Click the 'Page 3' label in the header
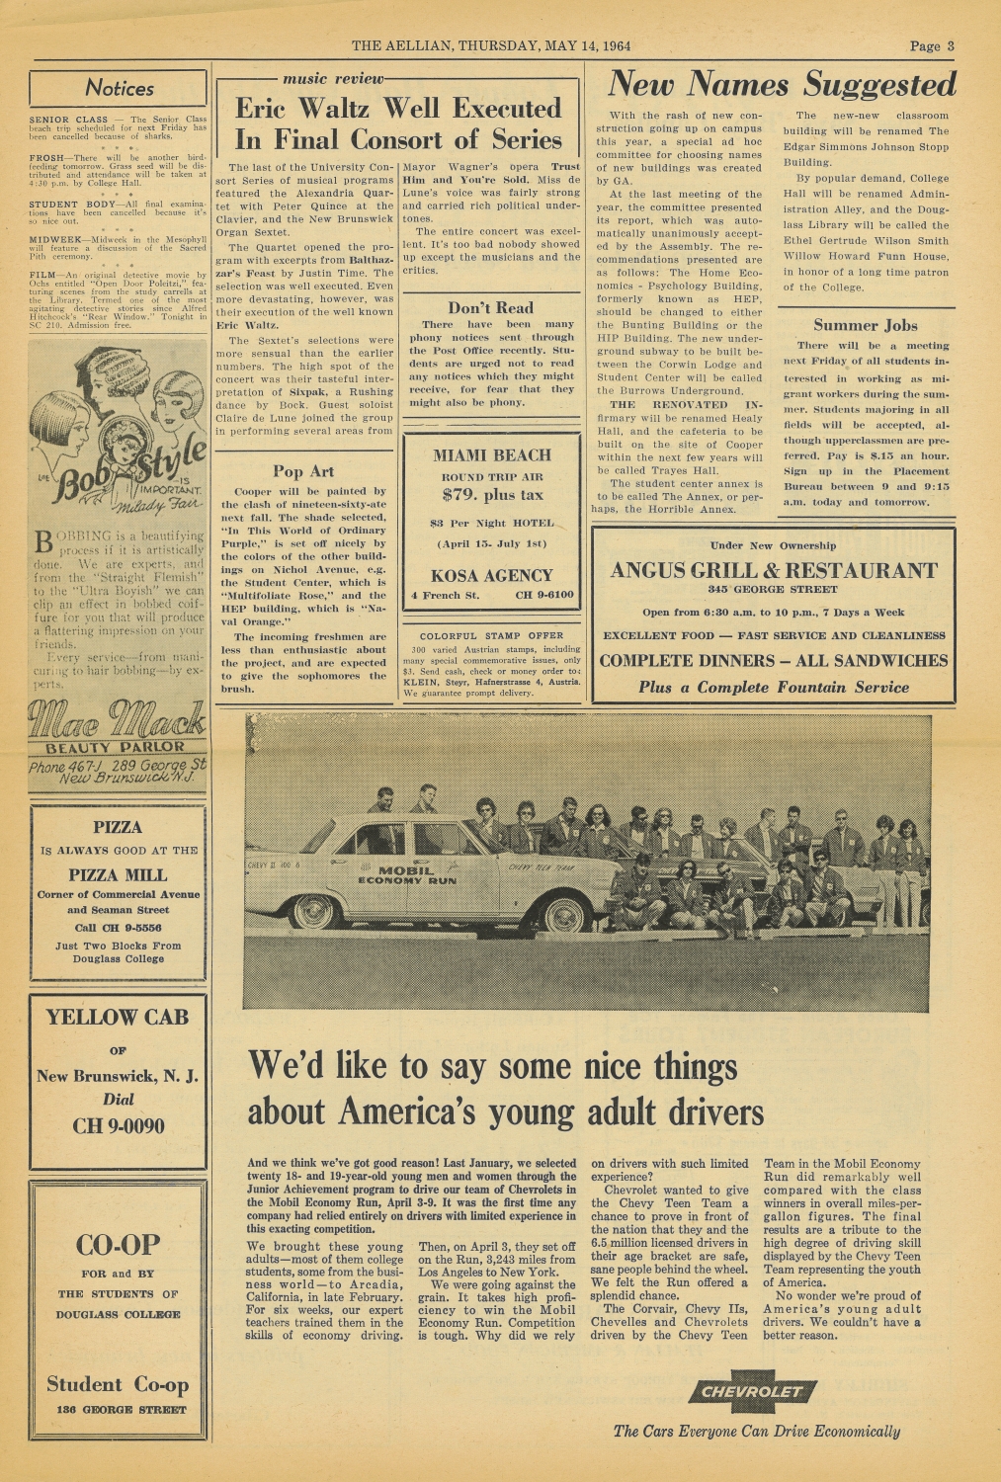click(932, 45)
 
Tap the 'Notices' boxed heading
click(119, 89)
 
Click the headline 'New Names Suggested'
click(781, 85)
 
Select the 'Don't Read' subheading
click(490, 307)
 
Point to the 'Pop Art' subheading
click(303, 471)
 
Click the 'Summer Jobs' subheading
click(865, 325)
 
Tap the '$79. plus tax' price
click(492, 495)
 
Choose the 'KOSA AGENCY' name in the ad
click(492, 575)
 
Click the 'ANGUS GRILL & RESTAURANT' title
click(773, 570)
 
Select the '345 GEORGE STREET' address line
click(773, 590)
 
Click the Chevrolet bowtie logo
click(753, 1392)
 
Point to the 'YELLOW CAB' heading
click(118, 1017)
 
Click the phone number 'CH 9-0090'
click(119, 1126)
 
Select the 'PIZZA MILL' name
click(118, 874)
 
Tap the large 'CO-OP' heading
click(118, 1245)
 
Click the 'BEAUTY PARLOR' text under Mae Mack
click(118, 747)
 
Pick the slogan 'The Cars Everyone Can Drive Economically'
click(756, 1431)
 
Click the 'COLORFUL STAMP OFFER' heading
click(492, 635)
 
